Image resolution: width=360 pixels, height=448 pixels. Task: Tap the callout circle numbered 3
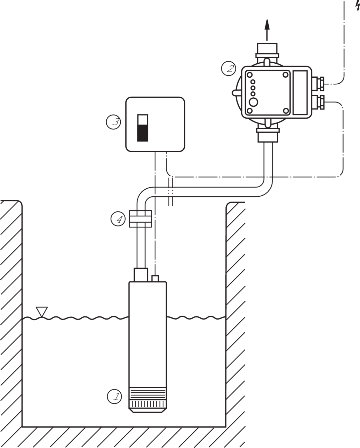coord(114,122)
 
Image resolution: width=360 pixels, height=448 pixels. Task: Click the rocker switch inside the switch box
coord(142,127)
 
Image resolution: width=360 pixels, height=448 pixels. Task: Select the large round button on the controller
coord(253,102)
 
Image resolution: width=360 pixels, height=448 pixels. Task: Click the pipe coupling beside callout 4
coord(140,219)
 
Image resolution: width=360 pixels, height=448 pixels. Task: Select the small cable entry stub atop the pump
coord(155,278)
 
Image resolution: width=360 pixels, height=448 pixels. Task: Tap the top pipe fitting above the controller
coord(268,51)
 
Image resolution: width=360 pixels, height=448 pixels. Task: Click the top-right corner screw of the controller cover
coord(285,75)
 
